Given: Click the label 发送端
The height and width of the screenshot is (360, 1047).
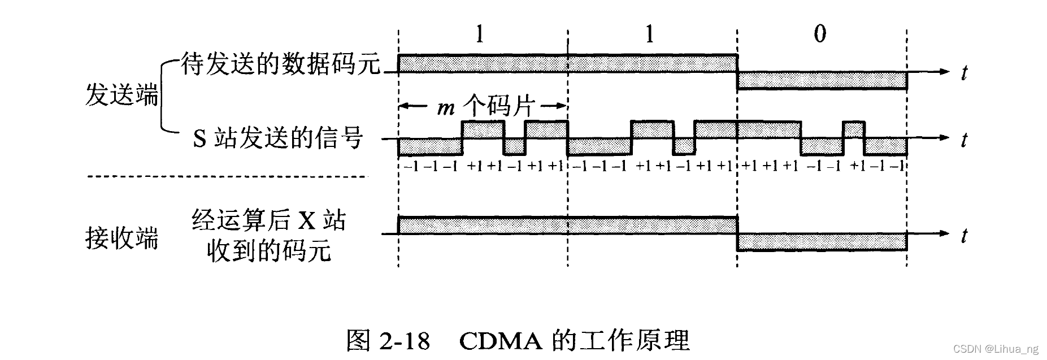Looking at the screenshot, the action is (121, 94).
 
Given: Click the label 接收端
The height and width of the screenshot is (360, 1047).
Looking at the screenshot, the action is (121, 238).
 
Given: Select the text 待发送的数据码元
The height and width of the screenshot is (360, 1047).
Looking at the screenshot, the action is (280, 64).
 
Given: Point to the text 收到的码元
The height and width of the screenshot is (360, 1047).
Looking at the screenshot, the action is (268, 250).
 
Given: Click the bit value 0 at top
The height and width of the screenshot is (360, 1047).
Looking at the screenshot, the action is (819, 34).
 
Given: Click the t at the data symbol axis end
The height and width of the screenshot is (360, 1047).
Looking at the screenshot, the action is (965, 72).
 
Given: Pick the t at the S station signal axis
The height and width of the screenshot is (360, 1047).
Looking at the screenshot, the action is (965, 139).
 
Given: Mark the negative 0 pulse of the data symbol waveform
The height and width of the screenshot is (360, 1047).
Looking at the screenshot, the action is (822, 80).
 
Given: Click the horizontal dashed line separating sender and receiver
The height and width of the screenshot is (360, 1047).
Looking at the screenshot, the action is (226, 177).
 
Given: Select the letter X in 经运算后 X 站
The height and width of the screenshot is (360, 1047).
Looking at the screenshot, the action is (306, 220).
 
